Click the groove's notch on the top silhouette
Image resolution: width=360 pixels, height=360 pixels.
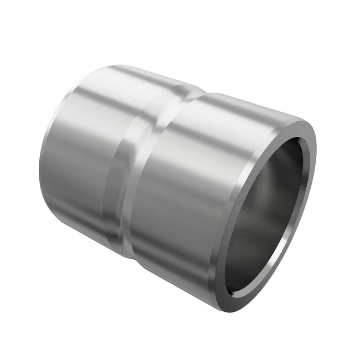coord(188,89)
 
